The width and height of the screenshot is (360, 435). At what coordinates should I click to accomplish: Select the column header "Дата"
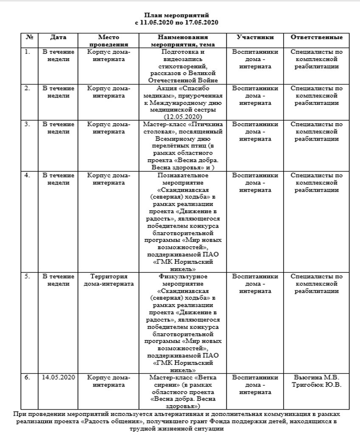[x=58, y=37]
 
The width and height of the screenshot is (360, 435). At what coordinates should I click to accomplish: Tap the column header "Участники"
[x=255, y=37]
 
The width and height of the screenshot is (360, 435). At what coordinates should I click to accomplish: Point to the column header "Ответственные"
[x=317, y=37]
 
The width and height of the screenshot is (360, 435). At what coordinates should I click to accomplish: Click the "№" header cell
[x=29, y=37]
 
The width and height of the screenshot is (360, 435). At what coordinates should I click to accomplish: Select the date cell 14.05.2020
[x=58, y=377]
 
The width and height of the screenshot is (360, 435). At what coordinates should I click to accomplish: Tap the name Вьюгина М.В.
[x=317, y=377]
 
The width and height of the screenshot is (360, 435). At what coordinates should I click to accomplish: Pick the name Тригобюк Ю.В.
[x=317, y=384]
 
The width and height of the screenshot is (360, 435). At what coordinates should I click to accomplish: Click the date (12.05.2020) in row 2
[x=183, y=116]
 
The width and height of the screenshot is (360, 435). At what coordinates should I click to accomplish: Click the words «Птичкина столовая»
[x=183, y=128]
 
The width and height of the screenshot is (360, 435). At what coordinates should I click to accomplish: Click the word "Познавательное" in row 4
[x=183, y=175]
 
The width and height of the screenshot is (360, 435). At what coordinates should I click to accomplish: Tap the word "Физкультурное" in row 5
[x=183, y=277]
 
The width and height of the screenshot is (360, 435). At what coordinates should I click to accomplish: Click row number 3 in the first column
[x=28, y=124]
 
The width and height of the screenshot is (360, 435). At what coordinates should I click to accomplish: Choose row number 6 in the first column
[x=28, y=377]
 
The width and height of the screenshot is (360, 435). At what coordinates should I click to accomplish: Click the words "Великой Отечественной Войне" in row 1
[x=183, y=76]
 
